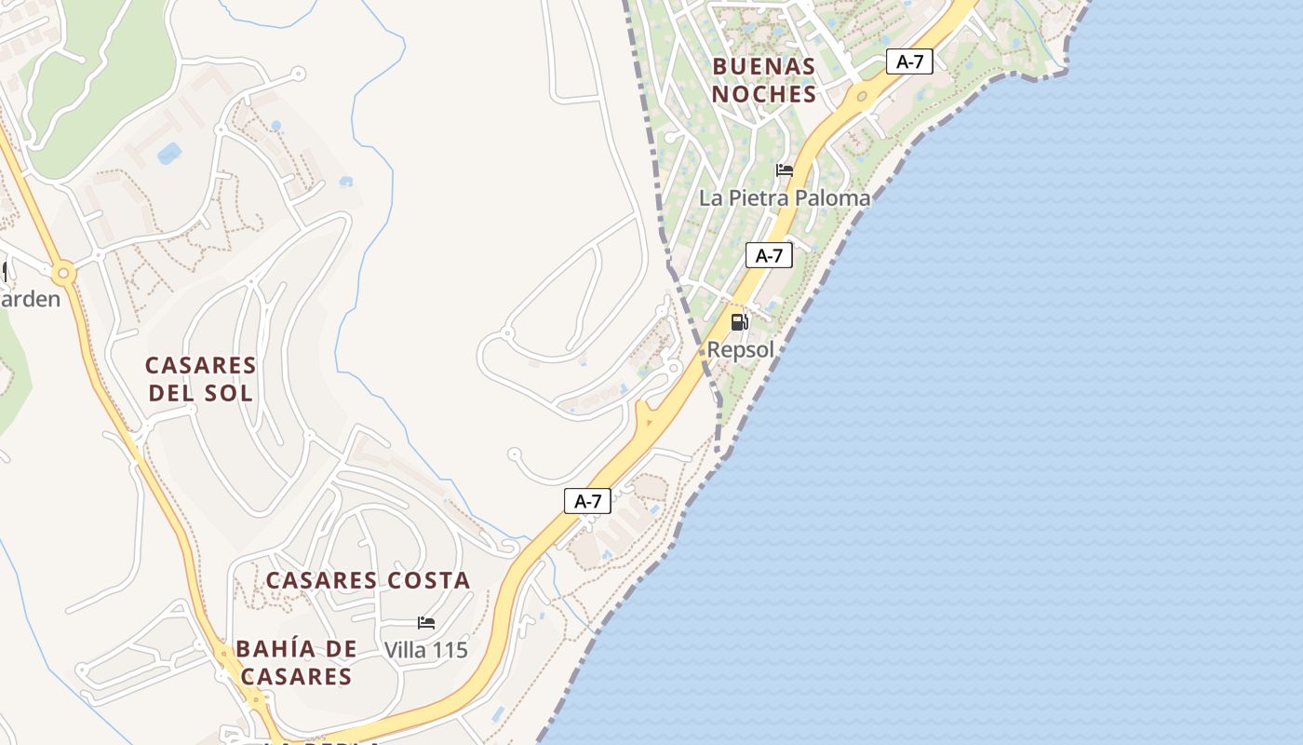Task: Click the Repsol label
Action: pos(741,350)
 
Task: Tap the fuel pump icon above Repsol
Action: pos(740,322)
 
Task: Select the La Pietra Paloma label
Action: pos(785,197)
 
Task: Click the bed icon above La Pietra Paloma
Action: pos(785,170)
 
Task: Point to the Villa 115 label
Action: pos(425,650)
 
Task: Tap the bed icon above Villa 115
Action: pos(426,623)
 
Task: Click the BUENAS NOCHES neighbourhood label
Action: pos(764,80)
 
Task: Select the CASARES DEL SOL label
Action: pos(200,378)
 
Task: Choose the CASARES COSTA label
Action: pos(368,580)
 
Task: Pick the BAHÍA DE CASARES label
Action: pos(295,662)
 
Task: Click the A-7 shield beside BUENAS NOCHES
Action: pos(909,62)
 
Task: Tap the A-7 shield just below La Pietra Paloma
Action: pos(769,255)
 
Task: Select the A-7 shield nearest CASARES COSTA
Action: pos(587,501)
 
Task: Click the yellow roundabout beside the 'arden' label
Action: pos(63,274)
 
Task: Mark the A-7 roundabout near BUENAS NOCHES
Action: pos(863,96)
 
